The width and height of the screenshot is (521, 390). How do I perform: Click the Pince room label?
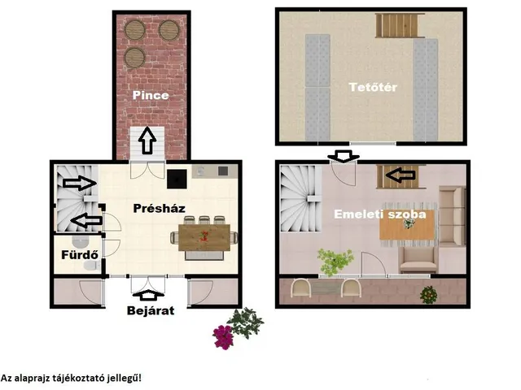(151, 96)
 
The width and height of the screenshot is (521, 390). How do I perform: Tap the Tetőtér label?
(373, 87)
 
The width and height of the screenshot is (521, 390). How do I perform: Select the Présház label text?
(159, 208)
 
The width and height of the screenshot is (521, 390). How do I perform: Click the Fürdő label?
(80, 254)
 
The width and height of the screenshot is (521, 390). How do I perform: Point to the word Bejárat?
(151, 310)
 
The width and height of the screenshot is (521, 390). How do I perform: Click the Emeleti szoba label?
(380, 214)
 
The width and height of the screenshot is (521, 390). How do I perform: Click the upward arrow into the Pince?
(147, 141)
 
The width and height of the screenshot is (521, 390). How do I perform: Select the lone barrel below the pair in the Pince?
(134, 58)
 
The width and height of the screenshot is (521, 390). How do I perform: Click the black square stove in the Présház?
(177, 179)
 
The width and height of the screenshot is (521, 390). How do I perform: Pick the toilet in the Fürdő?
(92, 266)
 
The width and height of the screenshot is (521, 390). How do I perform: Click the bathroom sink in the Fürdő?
(79, 242)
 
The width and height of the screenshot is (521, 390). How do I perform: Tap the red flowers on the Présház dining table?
(204, 236)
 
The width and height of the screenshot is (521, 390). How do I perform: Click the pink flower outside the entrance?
(222, 337)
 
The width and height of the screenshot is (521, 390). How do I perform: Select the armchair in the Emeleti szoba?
(418, 260)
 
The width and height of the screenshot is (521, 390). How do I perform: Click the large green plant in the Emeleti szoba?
(335, 262)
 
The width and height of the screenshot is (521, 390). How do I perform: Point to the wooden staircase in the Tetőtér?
(400, 25)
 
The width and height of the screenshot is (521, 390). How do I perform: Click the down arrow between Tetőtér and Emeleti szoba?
(344, 156)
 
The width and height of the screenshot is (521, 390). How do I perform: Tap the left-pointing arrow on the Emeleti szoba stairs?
(401, 175)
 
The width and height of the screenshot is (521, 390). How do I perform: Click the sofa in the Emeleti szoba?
(452, 216)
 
